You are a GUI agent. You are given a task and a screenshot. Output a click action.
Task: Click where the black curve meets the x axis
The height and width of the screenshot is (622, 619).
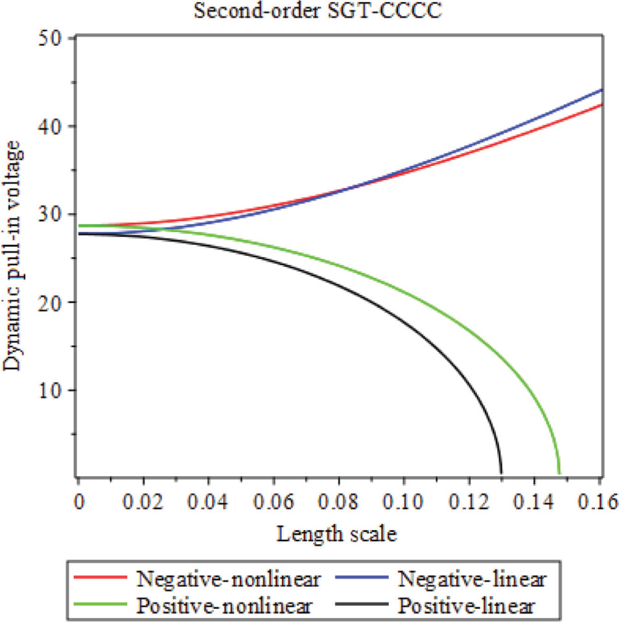pyautogui.click(x=501, y=473)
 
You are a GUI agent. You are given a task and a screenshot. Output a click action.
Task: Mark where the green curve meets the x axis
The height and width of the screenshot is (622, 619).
pyautogui.click(x=559, y=473)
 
